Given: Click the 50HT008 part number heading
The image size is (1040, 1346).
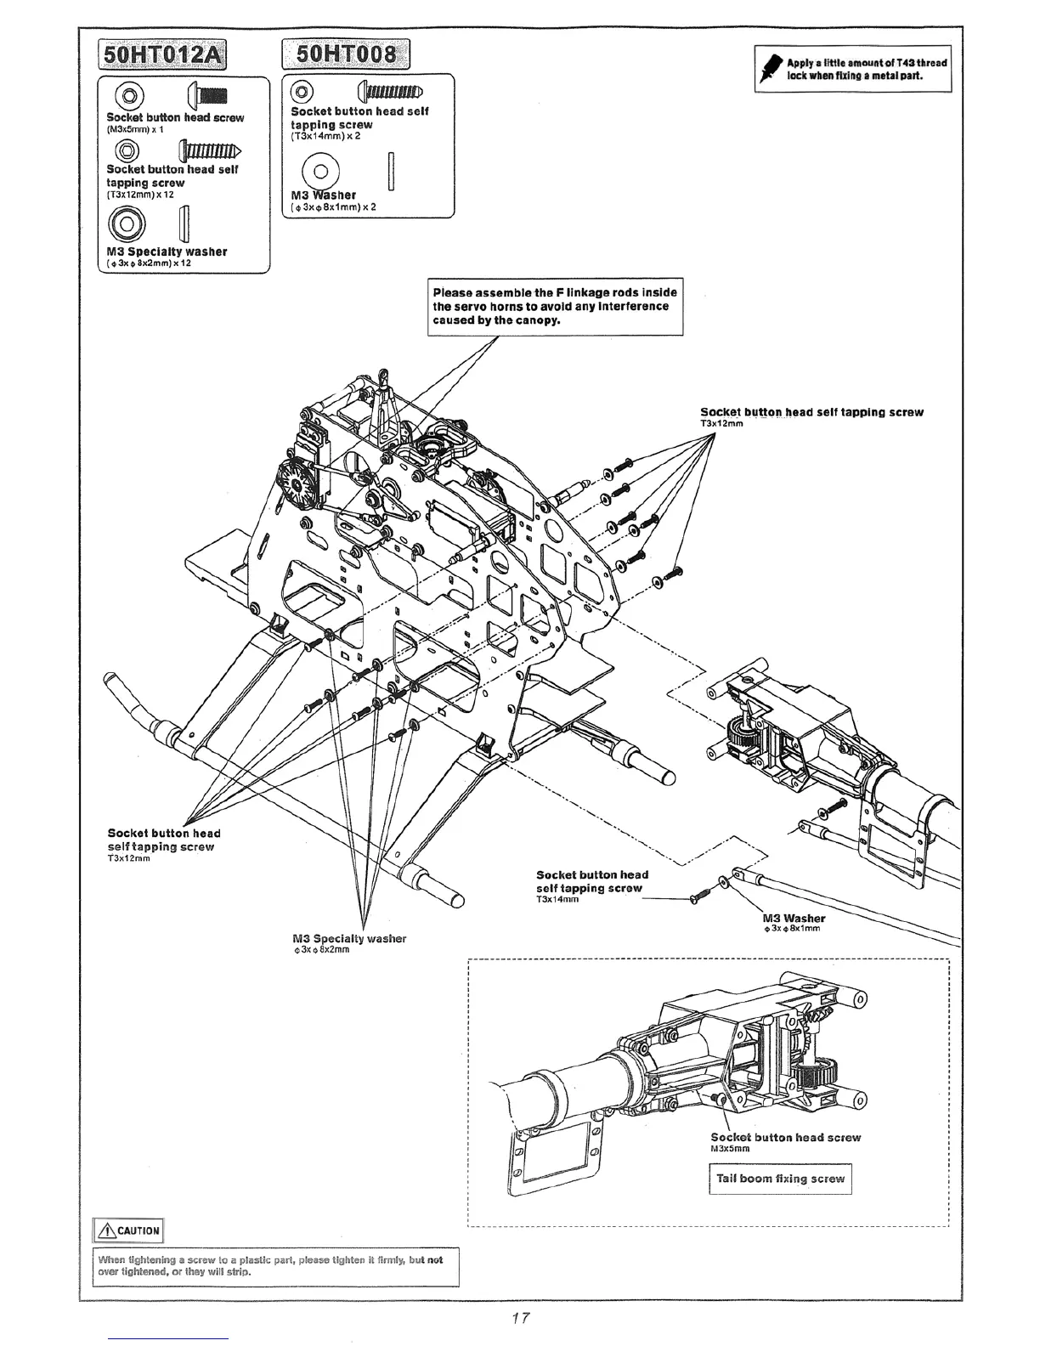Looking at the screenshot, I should [x=345, y=56].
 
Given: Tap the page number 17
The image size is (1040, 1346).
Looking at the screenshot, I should [x=521, y=1318].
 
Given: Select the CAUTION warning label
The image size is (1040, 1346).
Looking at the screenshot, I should [x=127, y=1230].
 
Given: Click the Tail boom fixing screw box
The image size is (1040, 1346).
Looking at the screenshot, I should [x=780, y=1179].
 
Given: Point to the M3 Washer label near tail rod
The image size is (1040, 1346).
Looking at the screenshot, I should [x=794, y=918].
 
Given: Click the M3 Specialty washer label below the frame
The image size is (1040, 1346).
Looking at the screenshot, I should [x=349, y=938].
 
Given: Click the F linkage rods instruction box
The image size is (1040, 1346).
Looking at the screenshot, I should [x=555, y=307].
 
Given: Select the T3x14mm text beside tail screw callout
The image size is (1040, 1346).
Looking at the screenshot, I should [x=557, y=901].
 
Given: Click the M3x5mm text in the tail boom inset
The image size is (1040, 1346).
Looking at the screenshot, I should [x=730, y=1149].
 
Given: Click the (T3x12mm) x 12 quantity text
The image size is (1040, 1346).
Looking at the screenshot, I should [x=140, y=195].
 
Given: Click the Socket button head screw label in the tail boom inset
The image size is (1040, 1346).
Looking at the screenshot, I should [x=785, y=1137].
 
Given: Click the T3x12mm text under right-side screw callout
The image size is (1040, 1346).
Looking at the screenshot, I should [x=722, y=423].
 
